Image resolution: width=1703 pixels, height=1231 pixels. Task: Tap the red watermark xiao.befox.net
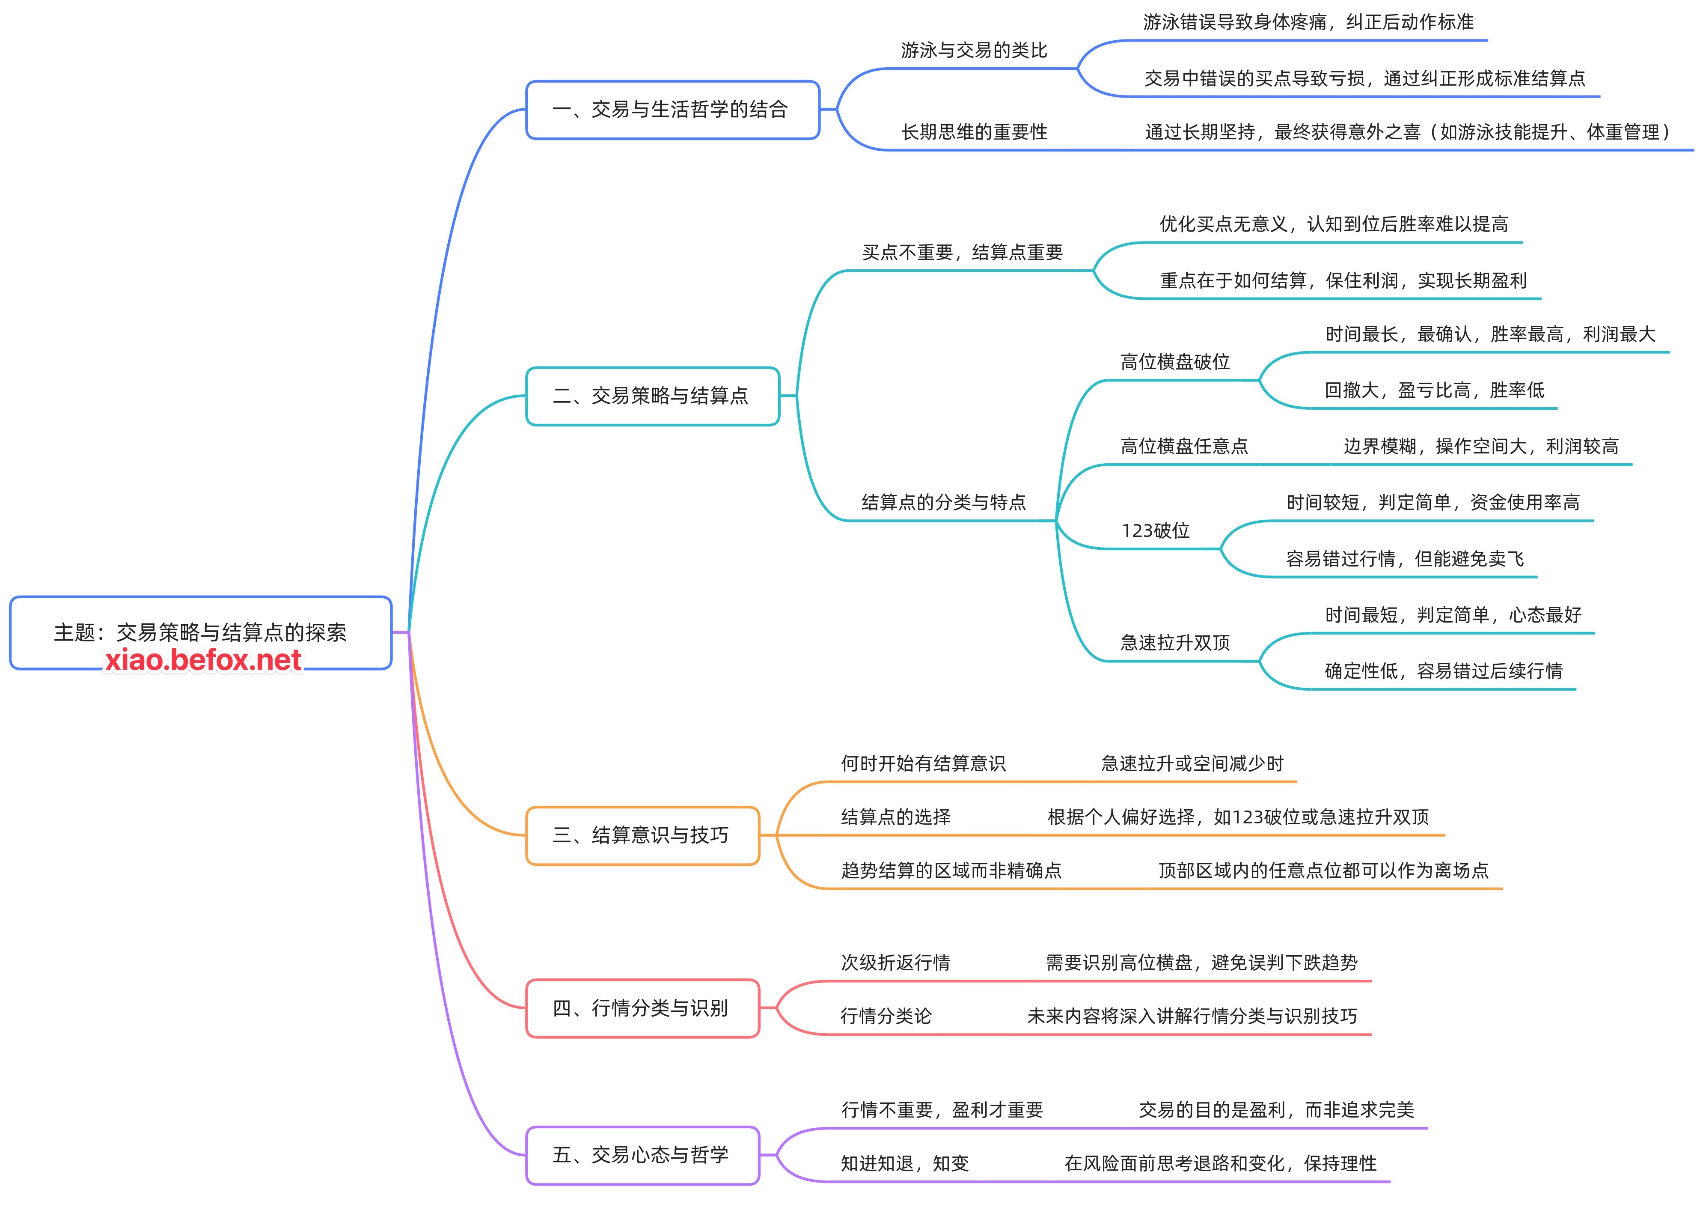203,660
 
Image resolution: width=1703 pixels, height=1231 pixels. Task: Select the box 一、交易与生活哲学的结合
672,110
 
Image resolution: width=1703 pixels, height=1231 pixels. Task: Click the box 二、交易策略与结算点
652,396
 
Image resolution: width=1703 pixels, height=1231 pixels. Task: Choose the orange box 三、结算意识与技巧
642,835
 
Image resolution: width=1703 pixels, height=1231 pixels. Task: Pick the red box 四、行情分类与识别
642,1008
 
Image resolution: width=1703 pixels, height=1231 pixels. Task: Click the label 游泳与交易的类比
974,51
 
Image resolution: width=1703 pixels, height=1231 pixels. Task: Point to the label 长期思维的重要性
974,132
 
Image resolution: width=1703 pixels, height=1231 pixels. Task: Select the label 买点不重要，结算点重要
962,252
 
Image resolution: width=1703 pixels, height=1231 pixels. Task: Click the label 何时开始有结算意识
923,764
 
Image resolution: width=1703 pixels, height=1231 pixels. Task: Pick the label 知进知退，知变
905,1163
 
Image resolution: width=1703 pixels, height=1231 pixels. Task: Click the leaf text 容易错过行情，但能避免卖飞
1404,559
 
